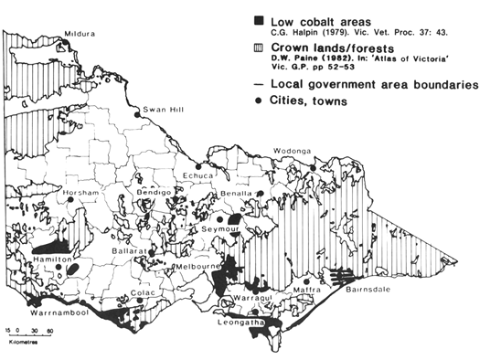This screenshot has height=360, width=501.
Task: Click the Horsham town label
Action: coord(79,195)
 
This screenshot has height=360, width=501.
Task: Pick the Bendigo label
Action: coord(154,194)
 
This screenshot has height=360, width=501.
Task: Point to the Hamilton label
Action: coord(54,261)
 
